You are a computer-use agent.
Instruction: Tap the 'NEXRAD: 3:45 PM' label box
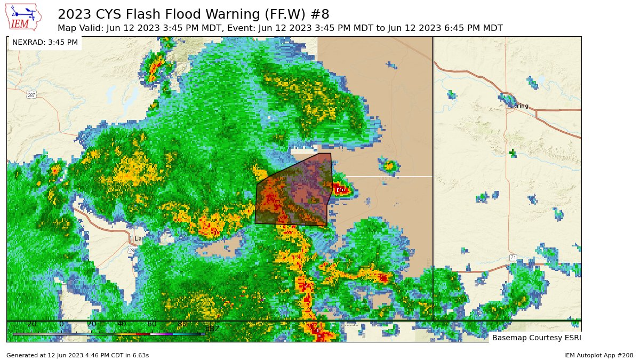[x=45, y=42]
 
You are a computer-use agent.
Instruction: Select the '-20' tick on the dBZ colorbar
[x=31, y=324]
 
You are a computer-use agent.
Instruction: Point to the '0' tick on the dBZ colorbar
[x=61, y=324]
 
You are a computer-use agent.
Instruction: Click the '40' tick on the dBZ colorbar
[x=122, y=324]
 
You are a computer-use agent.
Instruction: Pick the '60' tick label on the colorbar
[x=152, y=324]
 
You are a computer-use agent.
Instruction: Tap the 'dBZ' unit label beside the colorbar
[x=212, y=329]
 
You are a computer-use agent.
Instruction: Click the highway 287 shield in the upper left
[x=31, y=95]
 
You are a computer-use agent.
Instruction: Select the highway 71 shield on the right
[x=513, y=258]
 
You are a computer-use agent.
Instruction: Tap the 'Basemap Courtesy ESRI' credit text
[x=536, y=338]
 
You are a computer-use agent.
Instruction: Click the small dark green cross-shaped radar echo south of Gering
[x=513, y=153]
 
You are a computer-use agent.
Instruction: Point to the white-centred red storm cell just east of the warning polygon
[x=341, y=189]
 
